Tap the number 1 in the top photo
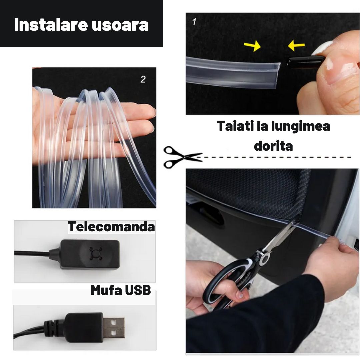coord(194,22)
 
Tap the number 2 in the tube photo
coord(143,79)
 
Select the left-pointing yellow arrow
coord(296,46)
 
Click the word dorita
coord(273,146)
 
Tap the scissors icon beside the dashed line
coord(182,157)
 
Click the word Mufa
coord(105,290)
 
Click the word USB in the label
coord(138,290)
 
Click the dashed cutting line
coord(277,157)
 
